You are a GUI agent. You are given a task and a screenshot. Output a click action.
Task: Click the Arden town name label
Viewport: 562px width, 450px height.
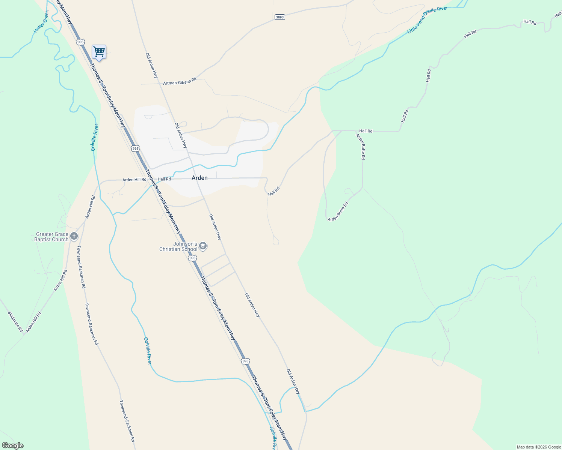coord(199,178)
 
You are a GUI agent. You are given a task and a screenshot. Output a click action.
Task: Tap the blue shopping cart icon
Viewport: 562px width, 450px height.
coord(99,52)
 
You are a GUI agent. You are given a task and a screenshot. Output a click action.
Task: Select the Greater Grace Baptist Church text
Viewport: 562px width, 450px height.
coord(52,237)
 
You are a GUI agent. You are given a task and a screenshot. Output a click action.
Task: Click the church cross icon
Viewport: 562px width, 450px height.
coord(74,236)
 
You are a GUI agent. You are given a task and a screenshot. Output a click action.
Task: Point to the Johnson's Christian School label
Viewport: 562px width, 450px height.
coord(178,246)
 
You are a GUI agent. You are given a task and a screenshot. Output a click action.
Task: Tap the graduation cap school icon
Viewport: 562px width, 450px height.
coord(203,246)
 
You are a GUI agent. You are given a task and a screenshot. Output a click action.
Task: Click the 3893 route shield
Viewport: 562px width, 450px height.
coord(279,17)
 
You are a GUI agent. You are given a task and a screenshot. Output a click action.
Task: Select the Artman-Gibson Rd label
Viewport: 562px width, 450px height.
coord(180,81)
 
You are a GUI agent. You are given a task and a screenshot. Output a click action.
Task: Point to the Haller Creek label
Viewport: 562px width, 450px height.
coord(41,22)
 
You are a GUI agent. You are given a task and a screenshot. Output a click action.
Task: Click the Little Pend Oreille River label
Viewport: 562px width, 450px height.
coord(428,20)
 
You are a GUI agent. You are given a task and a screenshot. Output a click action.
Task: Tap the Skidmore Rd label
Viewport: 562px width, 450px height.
coord(15,321)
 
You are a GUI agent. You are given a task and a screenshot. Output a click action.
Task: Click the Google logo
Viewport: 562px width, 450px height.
coord(12,445)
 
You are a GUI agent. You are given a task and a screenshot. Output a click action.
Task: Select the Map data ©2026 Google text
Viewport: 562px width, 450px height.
coord(539,447)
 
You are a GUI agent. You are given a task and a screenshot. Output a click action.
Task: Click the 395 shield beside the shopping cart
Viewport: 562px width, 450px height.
coord(80,42)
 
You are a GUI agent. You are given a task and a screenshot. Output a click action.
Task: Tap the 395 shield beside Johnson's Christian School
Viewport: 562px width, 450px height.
coord(192,258)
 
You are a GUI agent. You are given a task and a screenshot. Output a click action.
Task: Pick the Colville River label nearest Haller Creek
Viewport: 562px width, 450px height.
coord(95,137)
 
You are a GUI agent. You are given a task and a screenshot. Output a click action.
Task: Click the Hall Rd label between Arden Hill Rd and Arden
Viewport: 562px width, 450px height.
coord(164,179)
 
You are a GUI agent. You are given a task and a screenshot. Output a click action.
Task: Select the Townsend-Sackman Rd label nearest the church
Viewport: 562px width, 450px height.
coord(81,267)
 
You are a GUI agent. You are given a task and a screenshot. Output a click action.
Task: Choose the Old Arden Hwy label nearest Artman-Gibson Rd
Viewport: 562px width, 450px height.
coord(152,66)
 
